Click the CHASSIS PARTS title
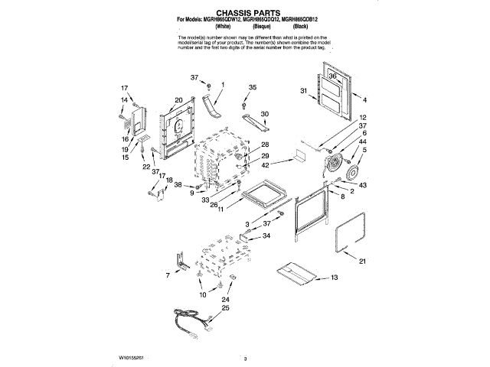[244, 13]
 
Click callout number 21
[363, 261]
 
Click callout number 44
[363, 143]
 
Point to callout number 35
[252, 88]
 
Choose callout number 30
[265, 114]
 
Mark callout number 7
[168, 274]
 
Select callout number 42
[264, 165]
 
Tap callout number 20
[178, 99]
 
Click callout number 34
[266, 236]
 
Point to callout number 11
[222, 207]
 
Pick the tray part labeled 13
[296, 272]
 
